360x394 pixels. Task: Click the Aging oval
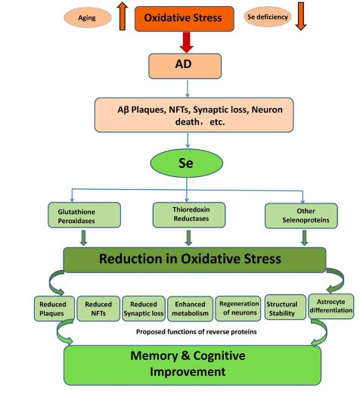pos(87,17)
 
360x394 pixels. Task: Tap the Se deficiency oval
pos(268,17)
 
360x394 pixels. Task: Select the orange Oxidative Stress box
pos(185,19)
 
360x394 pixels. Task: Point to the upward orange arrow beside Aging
pos(123,16)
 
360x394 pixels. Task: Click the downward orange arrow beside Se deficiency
pos(301,16)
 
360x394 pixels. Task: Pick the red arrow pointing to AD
pos(187,42)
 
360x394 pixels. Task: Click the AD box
pos(185,66)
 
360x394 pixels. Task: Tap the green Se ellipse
pos(187,163)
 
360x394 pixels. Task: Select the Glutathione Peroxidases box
pos(84,215)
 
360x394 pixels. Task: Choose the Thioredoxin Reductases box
pos(189,215)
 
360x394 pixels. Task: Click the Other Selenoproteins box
pos(301,216)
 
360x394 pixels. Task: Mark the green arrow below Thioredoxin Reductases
pos(188,237)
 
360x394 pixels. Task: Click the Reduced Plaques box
pos(54,309)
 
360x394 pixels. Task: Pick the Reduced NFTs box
pos(98,309)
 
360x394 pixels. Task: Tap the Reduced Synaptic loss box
pos(144,309)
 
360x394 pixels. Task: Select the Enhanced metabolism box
pos(190,309)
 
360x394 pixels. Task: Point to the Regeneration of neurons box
pos(238,309)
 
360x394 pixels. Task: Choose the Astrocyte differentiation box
pos(331,306)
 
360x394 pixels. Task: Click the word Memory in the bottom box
pos(154,356)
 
